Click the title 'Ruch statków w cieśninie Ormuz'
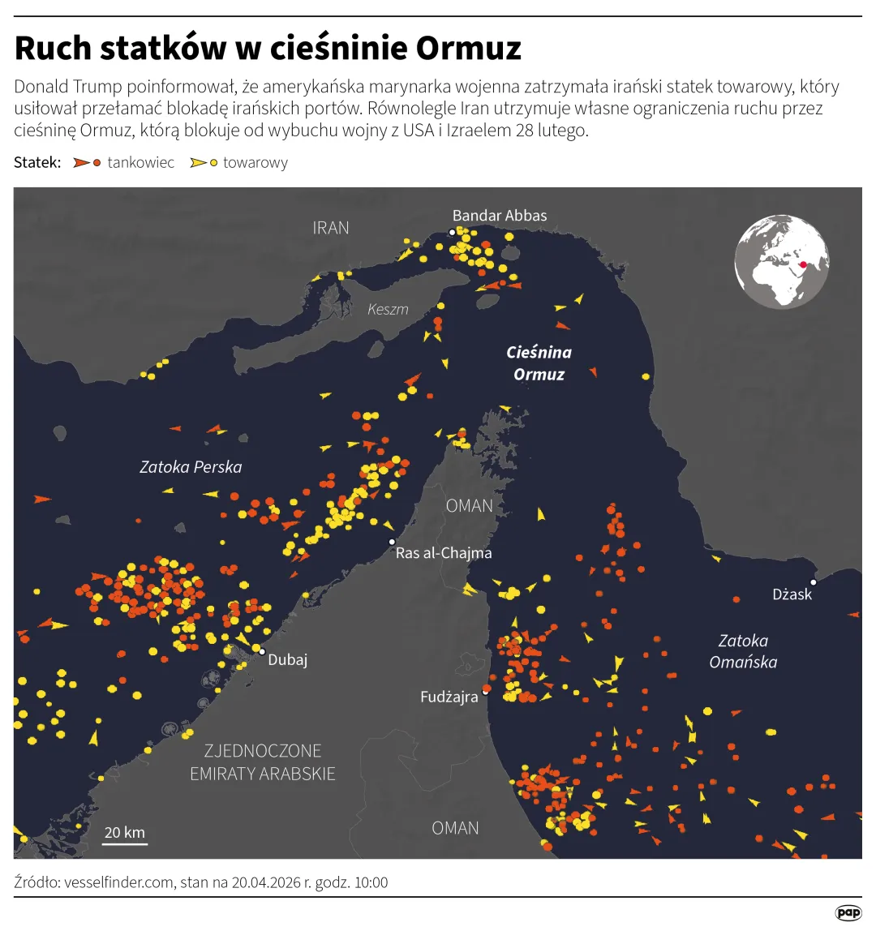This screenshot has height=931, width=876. (268, 49)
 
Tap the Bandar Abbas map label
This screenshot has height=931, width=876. (500, 216)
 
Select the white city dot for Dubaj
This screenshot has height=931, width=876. (262, 651)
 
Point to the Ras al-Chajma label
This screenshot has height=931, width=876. (444, 553)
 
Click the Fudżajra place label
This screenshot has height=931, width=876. (449, 697)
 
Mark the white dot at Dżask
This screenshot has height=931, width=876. (813, 581)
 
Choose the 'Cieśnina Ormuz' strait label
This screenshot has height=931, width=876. (539, 363)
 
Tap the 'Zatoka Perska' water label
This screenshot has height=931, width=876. (191, 467)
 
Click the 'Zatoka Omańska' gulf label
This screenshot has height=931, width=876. (743, 651)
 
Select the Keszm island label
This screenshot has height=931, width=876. (388, 309)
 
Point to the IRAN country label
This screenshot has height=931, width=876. (331, 228)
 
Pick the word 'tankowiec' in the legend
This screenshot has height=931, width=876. (141, 163)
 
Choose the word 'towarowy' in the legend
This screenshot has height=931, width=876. (255, 163)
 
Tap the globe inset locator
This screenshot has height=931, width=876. (782, 261)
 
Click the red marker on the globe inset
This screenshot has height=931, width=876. (803, 264)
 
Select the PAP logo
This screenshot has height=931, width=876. (848, 913)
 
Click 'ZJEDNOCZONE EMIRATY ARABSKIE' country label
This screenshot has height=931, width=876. (262, 762)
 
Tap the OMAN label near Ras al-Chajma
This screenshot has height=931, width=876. (470, 506)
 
